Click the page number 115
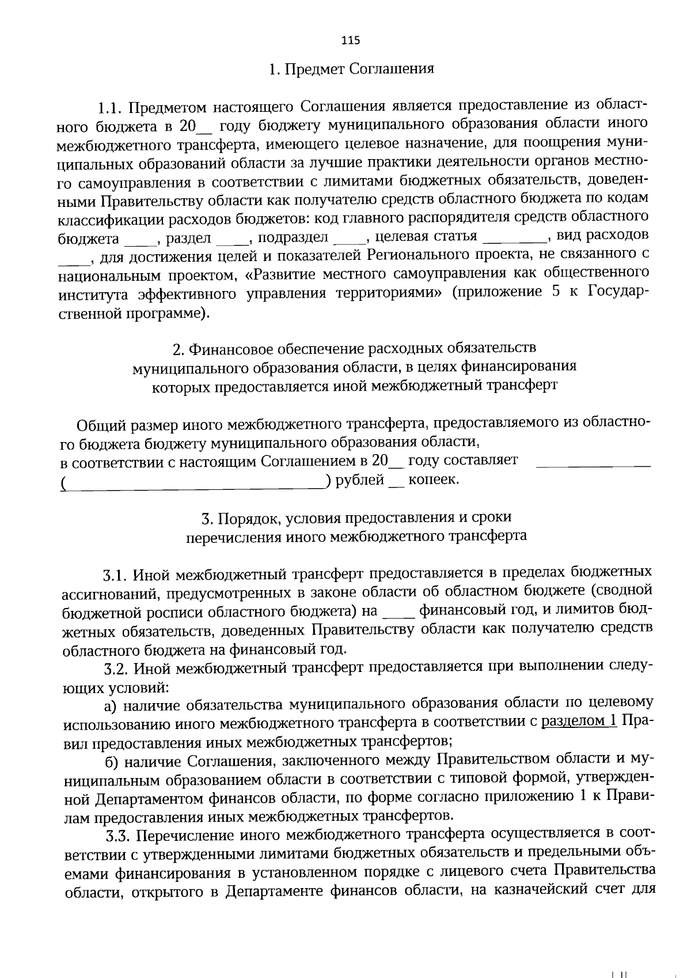pyautogui.click(x=351, y=40)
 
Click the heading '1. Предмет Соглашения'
pyautogui.click(x=351, y=69)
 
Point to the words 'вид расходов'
pyautogui.click(x=603, y=236)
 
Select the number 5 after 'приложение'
pyautogui.click(x=556, y=292)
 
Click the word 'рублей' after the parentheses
pyautogui.click(x=360, y=480)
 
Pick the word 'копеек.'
pyautogui.click(x=434, y=480)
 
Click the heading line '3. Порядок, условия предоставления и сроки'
pyautogui.click(x=356, y=518)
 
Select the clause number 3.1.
pyautogui.click(x=114, y=575)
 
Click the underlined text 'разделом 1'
pyautogui.click(x=579, y=720)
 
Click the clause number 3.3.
pyautogui.click(x=117, y=836)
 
